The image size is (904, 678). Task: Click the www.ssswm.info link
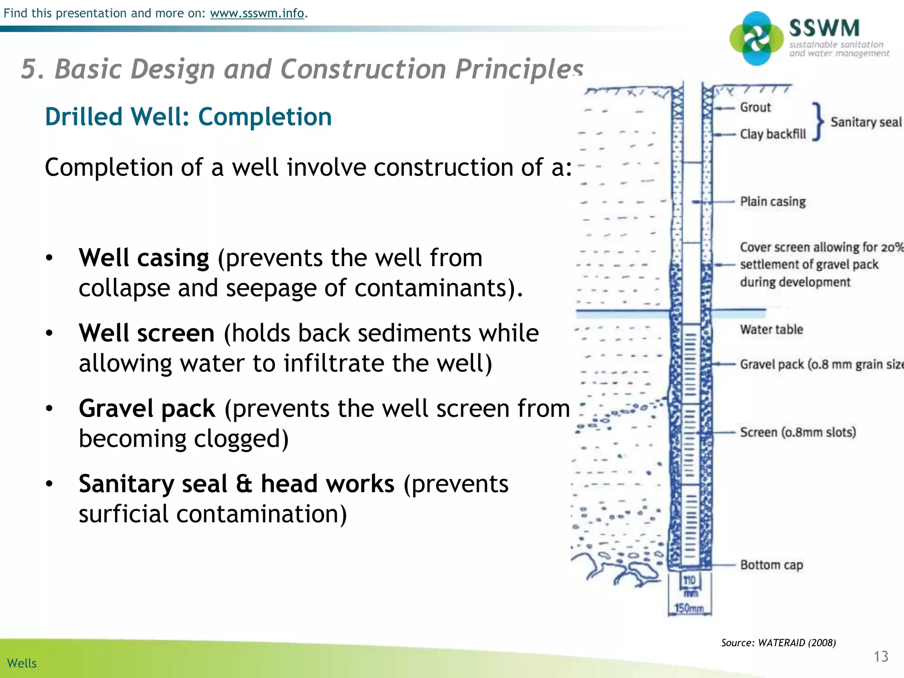257,13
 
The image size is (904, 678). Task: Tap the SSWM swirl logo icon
756,39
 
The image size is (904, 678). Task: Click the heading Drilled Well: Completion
188,117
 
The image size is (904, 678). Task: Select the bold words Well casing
143,258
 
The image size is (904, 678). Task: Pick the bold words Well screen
147,333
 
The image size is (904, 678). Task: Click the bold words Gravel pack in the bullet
147,409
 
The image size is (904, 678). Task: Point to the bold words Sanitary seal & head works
236,484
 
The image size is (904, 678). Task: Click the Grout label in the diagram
755,107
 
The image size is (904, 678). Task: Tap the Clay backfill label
773,134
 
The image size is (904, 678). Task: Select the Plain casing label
772,202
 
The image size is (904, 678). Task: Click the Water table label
771,329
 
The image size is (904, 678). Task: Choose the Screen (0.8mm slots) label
798,432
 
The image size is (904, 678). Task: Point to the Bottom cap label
771,565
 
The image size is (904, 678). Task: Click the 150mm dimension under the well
689,609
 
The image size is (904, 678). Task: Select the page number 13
881,656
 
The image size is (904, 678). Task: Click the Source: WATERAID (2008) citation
778,643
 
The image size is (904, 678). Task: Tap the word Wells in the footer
22,663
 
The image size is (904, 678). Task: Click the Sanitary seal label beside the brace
865,122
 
